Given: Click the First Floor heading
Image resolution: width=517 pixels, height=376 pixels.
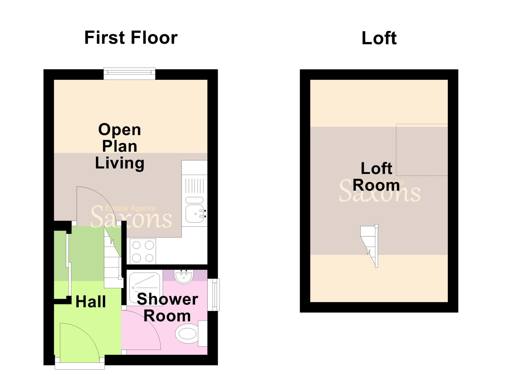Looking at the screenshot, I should pos(131,38).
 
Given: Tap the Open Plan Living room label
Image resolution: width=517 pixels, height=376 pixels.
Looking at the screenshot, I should pos(119,146).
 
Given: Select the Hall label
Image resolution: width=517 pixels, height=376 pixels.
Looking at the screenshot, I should pos(91,302).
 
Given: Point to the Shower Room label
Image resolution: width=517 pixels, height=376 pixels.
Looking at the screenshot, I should pos(167,308).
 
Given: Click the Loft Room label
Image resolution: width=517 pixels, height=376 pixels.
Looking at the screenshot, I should pos(376,177).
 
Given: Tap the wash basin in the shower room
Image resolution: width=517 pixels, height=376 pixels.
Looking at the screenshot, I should pos(184,277).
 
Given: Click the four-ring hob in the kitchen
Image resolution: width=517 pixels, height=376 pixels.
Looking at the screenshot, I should pos(143,252).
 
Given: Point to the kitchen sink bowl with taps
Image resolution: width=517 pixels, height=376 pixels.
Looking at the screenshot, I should pos(194,214).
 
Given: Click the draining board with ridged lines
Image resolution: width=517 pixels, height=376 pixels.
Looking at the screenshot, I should pos(194,186).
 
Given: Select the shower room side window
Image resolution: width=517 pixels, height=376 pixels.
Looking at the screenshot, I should pos(214,294).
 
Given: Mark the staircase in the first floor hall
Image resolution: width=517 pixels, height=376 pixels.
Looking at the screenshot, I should pos(113,260).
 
